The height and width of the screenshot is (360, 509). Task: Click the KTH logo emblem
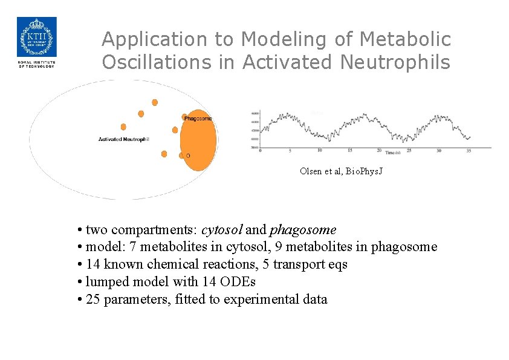pyautogui.click(x=36, y=38)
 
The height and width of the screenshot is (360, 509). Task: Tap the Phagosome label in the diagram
pyautogui.click(x=198, y=119)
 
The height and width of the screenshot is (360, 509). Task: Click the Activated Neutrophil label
pyautogui.click(x=124, y=140)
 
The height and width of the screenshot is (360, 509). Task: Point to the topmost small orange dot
pyautogui.click(x=155, y=102)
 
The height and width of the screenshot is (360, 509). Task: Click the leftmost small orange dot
pyautogui.click(x=123, y=127)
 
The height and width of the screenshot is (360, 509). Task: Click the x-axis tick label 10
pyautogui.click(x=320, y=151)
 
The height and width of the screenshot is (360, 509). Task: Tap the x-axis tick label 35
pyautogui.click(x=468, y=151)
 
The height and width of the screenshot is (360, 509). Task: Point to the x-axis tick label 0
pyautogui.click(x=260, y=151)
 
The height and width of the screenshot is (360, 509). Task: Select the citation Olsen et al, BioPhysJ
pyautogui.click(x=341, y=171)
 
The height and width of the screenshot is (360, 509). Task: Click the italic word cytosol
pyautogui.click(x=222, y=231)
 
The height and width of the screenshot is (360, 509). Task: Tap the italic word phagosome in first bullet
pyautogui.click(x=303, y=231)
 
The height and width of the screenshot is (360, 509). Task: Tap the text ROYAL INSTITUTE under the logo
pyautogui.click(x=36, y=63)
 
